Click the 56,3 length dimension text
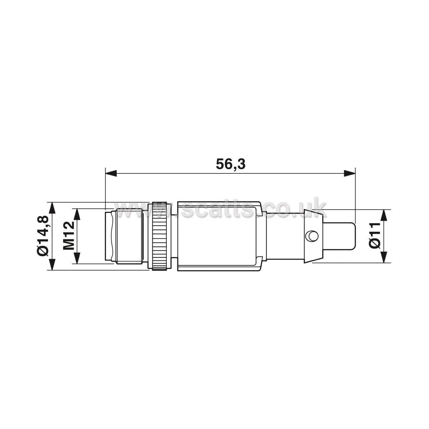click(230, 164)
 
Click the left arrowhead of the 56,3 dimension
click(111, 173)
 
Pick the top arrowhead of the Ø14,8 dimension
click(52, 208)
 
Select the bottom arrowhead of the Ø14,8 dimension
click(52, 264)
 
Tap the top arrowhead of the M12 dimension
click(77, 214)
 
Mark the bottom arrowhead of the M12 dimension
click(77, 258)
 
